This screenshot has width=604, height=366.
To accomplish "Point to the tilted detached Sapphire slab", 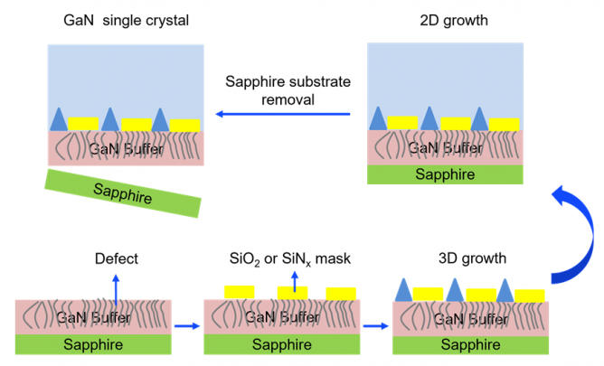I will tap(124, 192).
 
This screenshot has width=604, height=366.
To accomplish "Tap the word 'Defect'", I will tap(116, 259).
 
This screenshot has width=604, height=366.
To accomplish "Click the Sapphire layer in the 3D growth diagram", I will tap(470, 344).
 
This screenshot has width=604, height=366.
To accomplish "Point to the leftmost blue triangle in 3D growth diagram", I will tap(403, 289).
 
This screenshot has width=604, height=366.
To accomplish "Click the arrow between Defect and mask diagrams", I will tap(186, 326).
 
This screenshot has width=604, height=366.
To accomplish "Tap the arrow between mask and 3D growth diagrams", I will tap(376, 326).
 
